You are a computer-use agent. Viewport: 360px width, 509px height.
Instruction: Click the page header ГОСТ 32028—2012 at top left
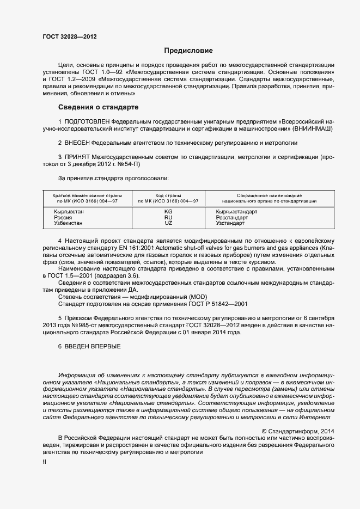click(70, 37)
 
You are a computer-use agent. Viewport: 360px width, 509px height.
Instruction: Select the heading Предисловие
click(188, 51)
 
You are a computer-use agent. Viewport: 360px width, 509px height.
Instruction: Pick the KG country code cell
click(168, 211)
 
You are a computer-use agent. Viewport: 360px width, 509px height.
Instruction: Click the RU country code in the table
click(168, 217)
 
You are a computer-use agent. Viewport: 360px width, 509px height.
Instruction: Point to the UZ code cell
click(168, 223)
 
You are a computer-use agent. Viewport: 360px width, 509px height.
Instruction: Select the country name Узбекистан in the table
click(68, 223)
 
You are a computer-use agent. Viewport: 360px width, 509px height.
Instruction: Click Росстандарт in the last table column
click(232, 217)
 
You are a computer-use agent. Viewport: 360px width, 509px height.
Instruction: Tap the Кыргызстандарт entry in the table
click(236, 211)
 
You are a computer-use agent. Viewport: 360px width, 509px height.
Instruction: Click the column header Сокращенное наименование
click(269, 195)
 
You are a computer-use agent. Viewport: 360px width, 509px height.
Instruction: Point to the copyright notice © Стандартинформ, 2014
click(297, 431)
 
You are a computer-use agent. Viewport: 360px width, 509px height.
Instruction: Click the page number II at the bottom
click(45, 462)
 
